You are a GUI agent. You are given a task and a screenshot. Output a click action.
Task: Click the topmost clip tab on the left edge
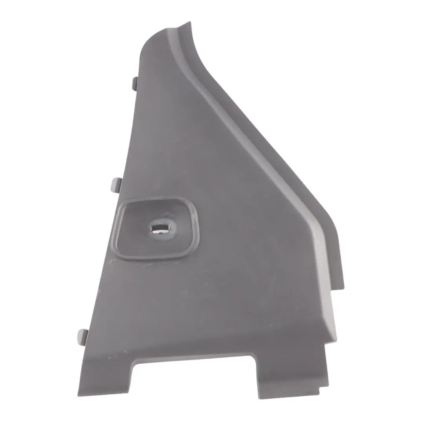[134, 84]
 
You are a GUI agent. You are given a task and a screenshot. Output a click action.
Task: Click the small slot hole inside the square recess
[159, 228]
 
